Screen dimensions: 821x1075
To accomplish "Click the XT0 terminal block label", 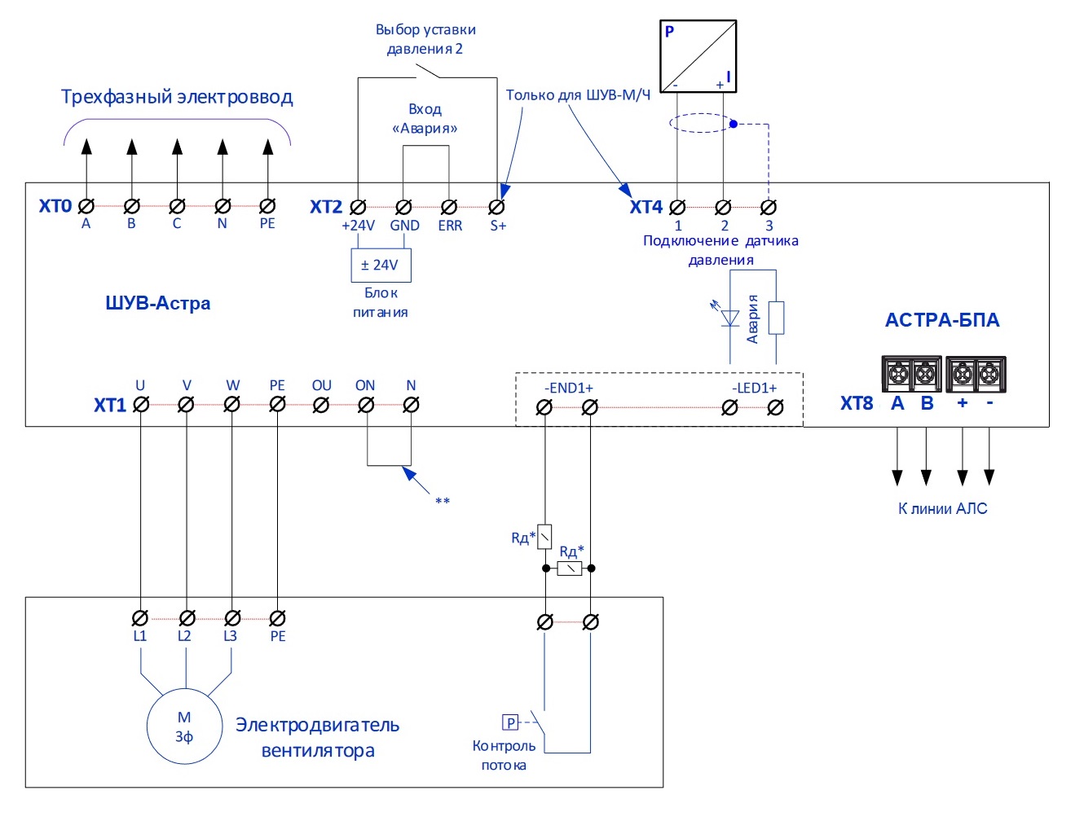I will [x=55, y=206].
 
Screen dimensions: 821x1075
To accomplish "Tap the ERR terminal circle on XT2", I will [x=448, y=207].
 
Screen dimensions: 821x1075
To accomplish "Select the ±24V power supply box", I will [x=380, y=265].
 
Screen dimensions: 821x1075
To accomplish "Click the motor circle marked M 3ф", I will [x=184, y=727].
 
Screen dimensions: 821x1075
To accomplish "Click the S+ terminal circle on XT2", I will [x=496, y=207].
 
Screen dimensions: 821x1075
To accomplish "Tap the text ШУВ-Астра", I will [x=157, y=303].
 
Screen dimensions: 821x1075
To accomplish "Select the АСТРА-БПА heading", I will [x=942, y=320].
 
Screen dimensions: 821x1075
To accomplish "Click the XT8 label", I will [x=857, y=403].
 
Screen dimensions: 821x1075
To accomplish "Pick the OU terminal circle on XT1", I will [x=321, y=404].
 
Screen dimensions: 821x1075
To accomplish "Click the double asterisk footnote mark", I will [x=443, y=501].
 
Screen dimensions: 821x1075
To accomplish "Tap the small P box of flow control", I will [x=510, y=722].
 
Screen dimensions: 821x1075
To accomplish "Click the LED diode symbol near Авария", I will [x=730, y=318].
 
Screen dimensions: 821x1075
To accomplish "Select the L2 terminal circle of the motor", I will [x=187, y=618].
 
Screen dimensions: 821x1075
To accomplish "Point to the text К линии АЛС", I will [x=942, y=509].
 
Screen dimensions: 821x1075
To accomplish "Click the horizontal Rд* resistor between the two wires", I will [x=569, y=569].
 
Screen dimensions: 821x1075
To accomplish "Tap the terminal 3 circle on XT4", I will [x=768, y=207].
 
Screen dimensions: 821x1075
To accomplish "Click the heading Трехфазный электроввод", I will [x=177, y=97].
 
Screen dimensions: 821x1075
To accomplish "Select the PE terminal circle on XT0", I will [x=267, y=207].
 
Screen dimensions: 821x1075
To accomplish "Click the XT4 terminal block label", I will [x=646, y=207].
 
